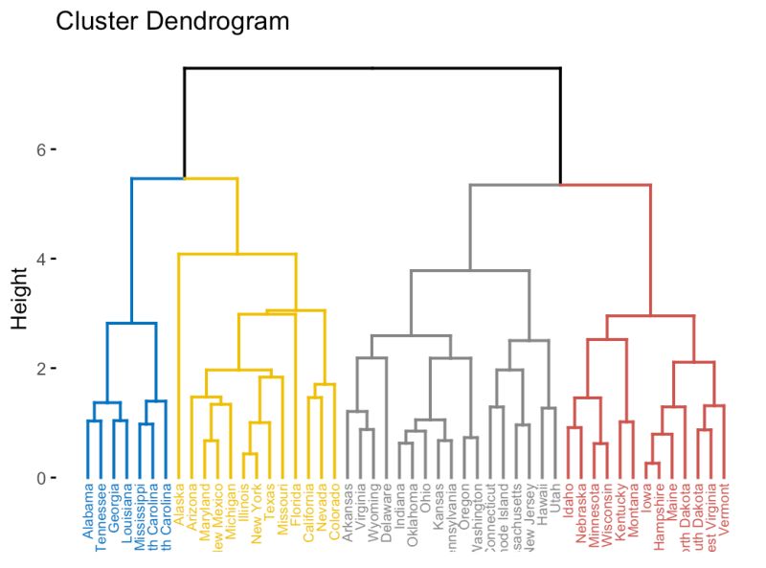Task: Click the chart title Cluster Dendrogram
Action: pos(172,21)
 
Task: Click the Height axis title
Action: pos(22,297)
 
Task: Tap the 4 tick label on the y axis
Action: pos(43,260)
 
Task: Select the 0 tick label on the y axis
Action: pos(43,478)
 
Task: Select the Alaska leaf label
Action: pos(179,509)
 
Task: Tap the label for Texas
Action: pos(269,507)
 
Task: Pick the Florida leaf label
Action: pos(296,509)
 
